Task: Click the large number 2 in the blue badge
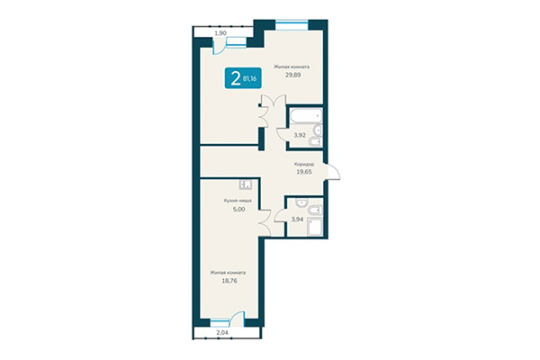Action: pyautogui.click(x=236, y=78)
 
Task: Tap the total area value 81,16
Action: pyautogui.click(x=249, y=78)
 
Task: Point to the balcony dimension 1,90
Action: pyautogui.click(x=208, y=32)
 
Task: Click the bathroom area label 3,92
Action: pyautogui.click(x=299, y=135)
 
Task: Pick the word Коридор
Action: pyautogui.click(x=304, y=164)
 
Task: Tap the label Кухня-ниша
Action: pyautogui.click(x=238, y=202)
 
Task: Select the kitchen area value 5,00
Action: pyautogui.click(x=238, y=212)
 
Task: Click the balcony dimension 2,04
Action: pyautogui.click(x=221, y=332)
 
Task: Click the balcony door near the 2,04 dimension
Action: pyautogui.click(x=237, y=317)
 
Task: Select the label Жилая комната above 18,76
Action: pyautogui.click(x=228, y=272)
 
